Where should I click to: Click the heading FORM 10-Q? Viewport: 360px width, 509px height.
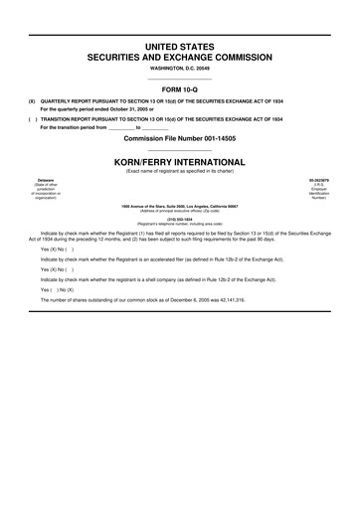[180, 88]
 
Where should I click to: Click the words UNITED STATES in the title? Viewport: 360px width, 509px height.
[180, 48]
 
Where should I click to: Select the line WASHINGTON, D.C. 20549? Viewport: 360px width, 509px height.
[180, 70]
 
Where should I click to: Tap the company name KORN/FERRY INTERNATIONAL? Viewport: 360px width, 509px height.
[180, 158]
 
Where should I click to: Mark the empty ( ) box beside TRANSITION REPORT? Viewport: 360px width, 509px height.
[32, 118]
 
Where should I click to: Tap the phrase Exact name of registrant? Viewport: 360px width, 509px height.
[159, 170]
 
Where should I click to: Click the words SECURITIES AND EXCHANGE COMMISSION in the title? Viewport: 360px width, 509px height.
[180, 59]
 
